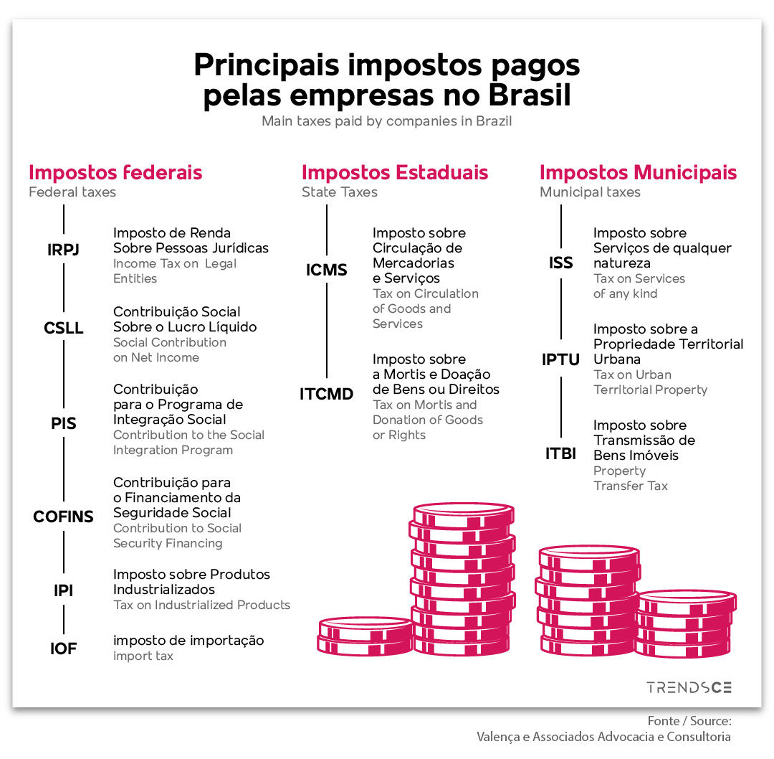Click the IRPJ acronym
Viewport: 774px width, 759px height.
63,250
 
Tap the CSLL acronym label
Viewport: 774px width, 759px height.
64,328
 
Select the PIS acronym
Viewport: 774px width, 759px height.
64,423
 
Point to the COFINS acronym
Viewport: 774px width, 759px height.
63,517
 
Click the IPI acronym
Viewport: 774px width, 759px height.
63,590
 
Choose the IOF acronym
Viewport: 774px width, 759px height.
63,649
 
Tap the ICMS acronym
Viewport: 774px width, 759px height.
326,270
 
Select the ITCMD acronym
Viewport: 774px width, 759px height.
326,394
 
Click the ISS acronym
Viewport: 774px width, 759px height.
560,263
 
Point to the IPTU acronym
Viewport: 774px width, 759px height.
560,359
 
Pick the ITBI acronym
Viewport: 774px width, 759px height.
560,453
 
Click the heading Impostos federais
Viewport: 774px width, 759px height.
115,172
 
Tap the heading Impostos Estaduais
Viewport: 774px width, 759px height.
395,172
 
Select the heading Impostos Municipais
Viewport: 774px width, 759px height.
639,172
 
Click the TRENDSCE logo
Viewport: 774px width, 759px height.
689,687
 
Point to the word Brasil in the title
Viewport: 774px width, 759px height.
530,95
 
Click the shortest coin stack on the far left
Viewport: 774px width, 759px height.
365,636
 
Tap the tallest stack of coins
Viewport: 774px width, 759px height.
462,579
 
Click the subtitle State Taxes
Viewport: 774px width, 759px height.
340,192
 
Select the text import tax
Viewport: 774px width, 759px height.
143,656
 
